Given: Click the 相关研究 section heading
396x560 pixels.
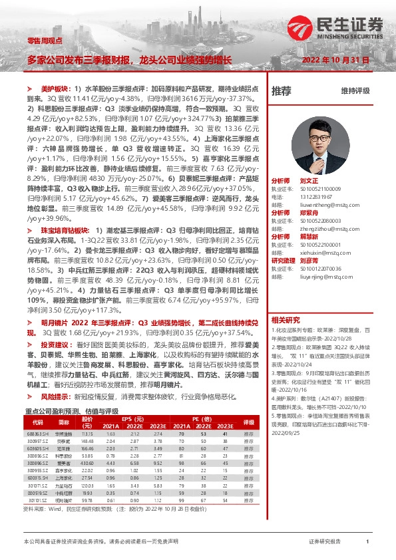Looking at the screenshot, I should click(x=285, y=319).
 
